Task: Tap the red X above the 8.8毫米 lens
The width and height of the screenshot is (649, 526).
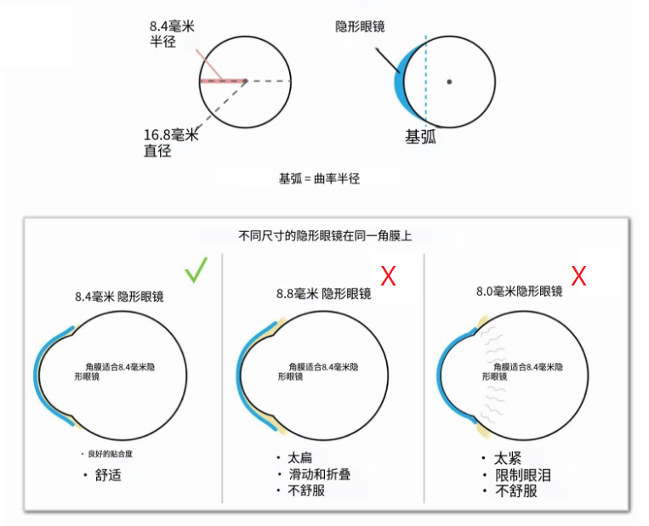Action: (x=388, y=275)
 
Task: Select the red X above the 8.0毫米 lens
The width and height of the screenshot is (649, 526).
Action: (x=578, y=275)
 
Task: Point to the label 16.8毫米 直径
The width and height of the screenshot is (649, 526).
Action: (x=171, y=143)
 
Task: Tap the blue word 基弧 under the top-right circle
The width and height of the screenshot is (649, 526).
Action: (x=420, y=136)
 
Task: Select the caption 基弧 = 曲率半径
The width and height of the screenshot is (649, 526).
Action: (x=320, y=179)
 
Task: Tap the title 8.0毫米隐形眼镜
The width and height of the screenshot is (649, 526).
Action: (x=519, y=291)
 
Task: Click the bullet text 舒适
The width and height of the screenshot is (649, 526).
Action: (x=108, y=474)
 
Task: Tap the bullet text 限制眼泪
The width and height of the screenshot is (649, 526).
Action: (x=522, y=475)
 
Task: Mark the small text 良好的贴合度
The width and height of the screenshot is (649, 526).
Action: (x=110, y=454)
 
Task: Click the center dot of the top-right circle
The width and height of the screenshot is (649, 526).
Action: (x=449, y=82)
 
